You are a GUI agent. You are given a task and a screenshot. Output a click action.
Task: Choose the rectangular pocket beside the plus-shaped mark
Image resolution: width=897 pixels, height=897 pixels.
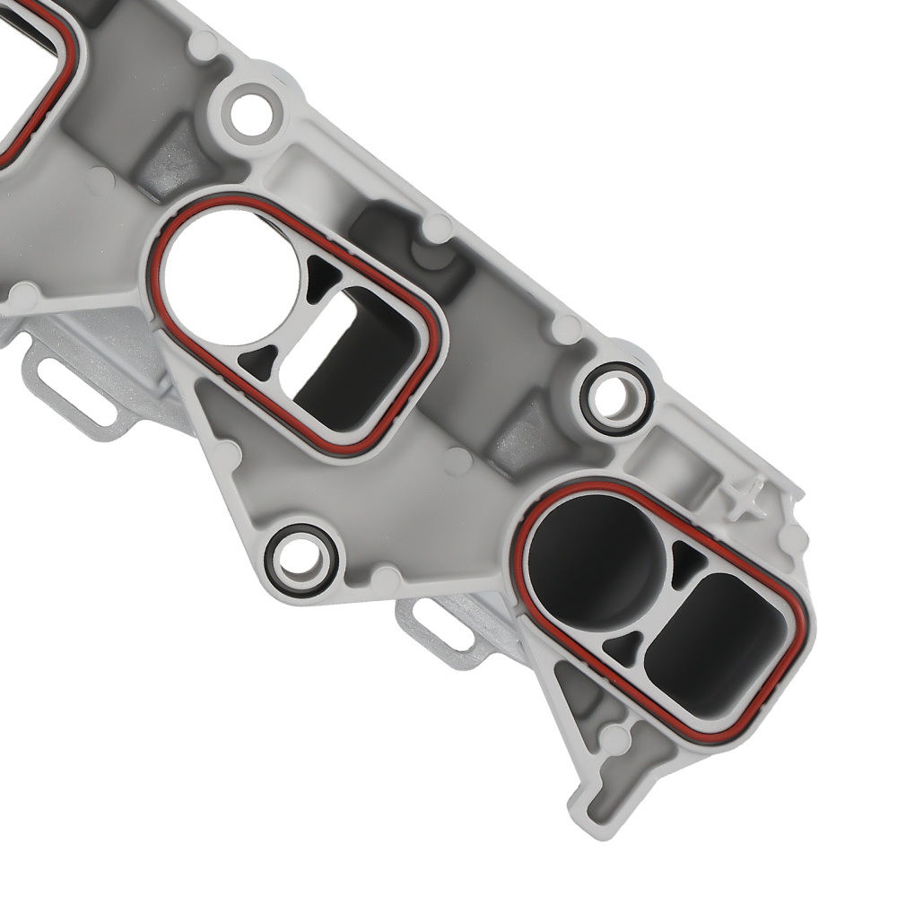pos(668,457)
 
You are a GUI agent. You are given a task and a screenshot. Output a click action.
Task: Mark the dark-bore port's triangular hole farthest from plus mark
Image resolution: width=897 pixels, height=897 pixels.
pos(628,640)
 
